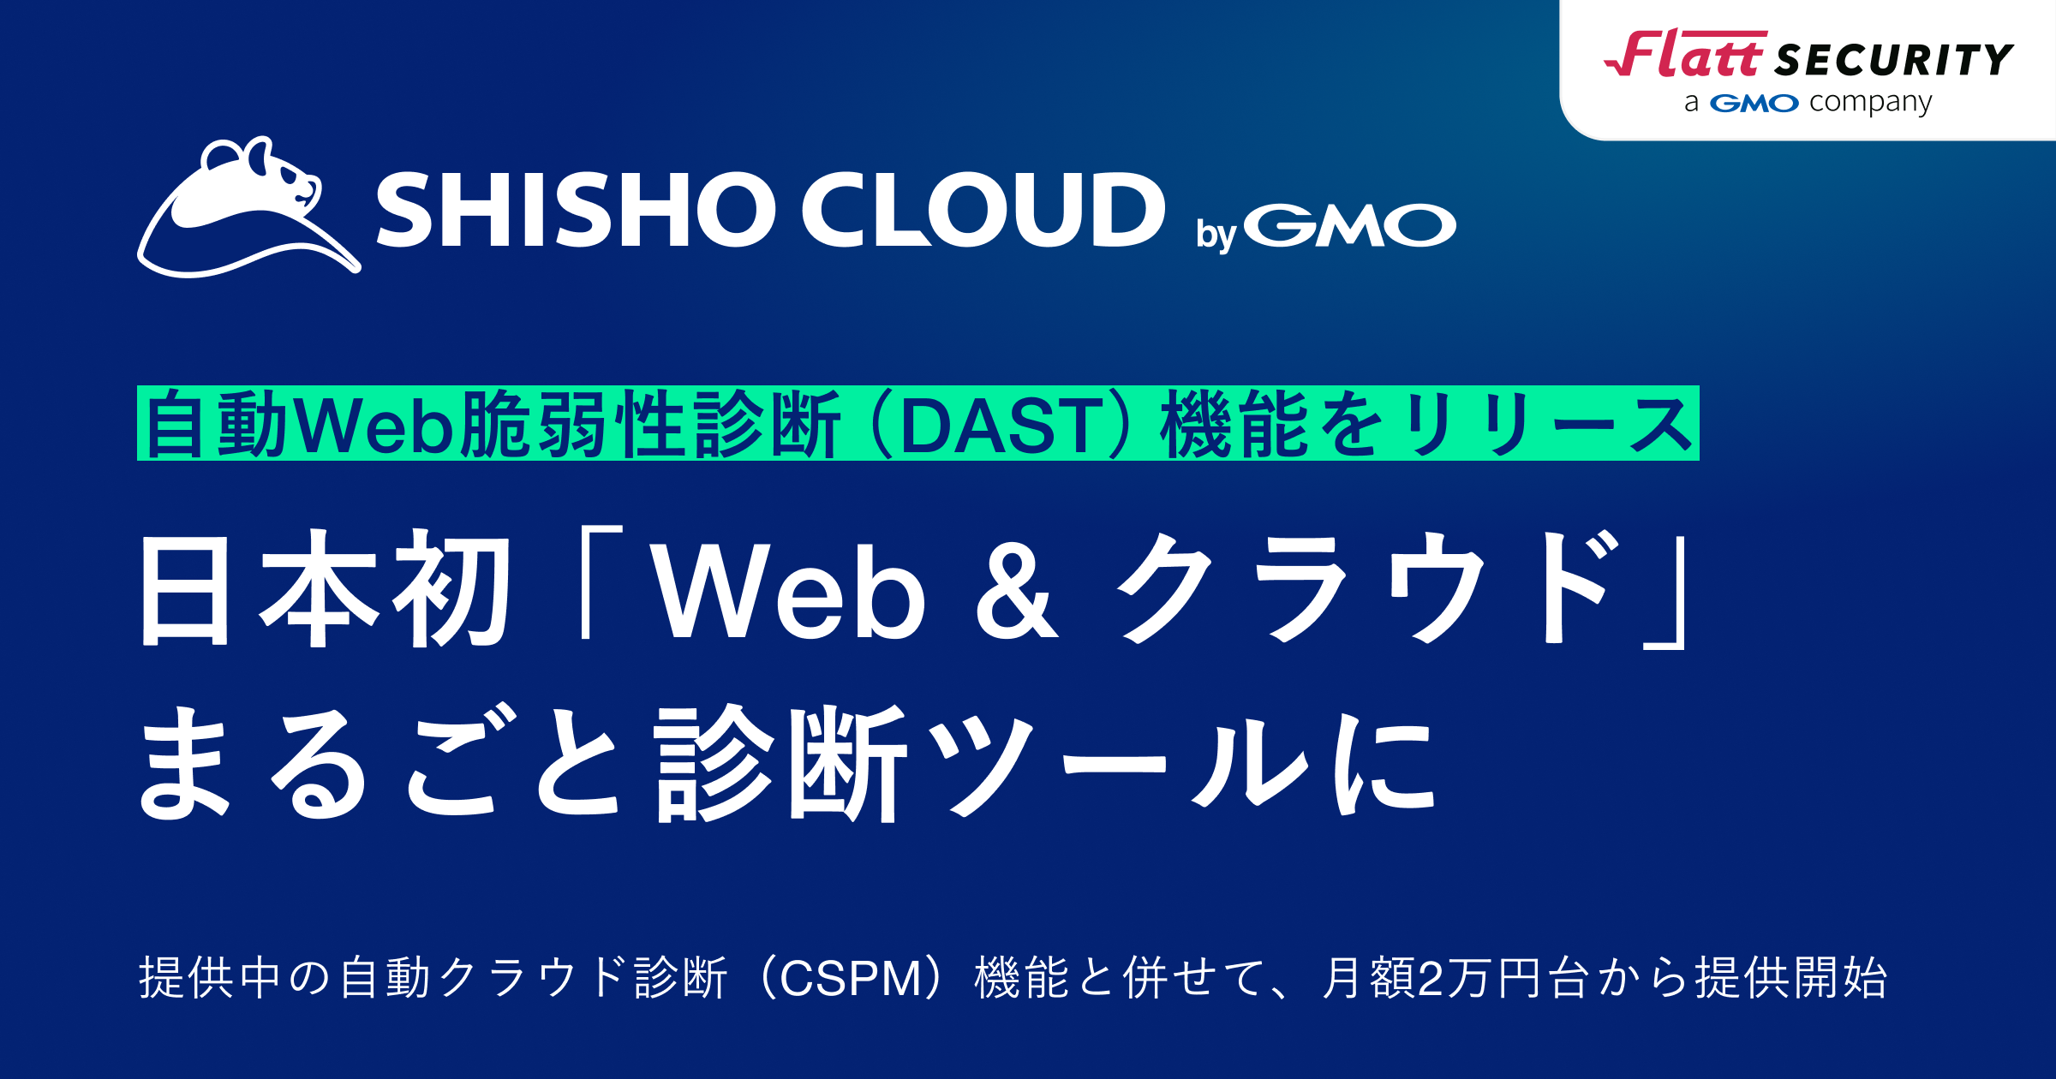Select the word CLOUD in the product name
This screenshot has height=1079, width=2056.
coord(983,210)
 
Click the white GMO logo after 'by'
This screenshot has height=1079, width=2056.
coord(1349,226)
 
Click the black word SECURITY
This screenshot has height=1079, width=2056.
coord(1894,61)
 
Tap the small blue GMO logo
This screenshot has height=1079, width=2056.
coord(1754,104)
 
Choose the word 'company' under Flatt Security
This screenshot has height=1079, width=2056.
coord(1871,104)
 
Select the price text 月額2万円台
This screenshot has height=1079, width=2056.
coord(1456,978)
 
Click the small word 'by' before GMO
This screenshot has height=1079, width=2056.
coord(1216,234)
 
